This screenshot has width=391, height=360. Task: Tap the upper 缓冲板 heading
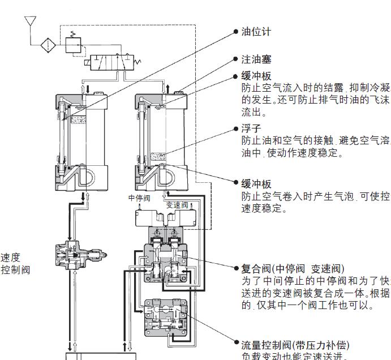tap(256, 76)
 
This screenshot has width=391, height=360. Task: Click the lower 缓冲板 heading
tap(256, 184)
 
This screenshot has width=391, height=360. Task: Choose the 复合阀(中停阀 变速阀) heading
tap(293, 268)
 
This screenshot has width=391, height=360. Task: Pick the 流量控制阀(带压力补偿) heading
tap(295, 345)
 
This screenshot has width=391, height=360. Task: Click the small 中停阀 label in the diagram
tap(139, 198)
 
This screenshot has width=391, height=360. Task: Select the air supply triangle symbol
tap(30, 23)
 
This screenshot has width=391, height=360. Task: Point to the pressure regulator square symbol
tap(74, 44)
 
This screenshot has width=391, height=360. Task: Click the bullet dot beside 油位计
tap(237, 32)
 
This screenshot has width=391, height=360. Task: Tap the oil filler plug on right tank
tap(180, 92)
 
